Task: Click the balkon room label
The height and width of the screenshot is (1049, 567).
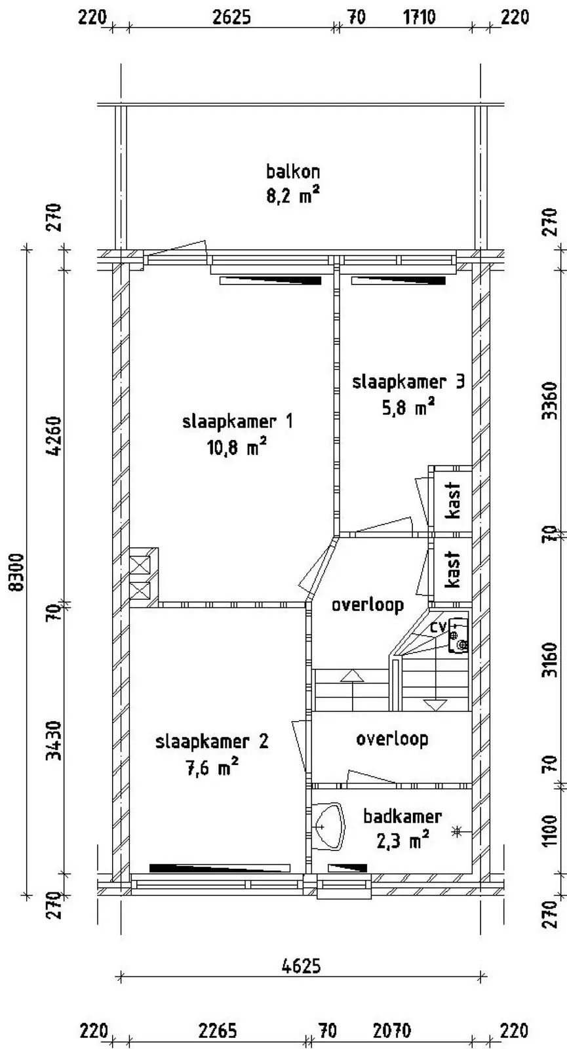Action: (293, 171)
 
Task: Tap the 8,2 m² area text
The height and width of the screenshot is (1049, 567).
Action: (293, 195)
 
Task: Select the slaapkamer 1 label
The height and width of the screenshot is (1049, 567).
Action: (237, 422)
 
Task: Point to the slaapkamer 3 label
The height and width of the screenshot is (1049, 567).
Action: (408, 382)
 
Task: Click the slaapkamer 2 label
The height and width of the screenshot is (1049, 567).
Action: (212, 742)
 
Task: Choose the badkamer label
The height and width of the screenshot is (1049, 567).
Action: (402, 817)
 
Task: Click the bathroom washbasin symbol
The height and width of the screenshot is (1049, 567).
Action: (328, 827)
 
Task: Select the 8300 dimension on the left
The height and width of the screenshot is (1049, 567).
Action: (17, 573)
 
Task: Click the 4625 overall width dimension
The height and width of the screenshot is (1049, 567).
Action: (302, 966)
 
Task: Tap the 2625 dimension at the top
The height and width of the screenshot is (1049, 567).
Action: (231, 17)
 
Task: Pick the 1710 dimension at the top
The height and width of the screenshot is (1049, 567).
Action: (420, 17)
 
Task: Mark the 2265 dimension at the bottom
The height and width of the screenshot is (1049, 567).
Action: (218, 1032)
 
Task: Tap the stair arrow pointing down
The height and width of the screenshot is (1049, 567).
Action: (435, 705)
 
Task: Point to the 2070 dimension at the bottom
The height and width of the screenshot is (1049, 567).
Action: (393, 1032)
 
